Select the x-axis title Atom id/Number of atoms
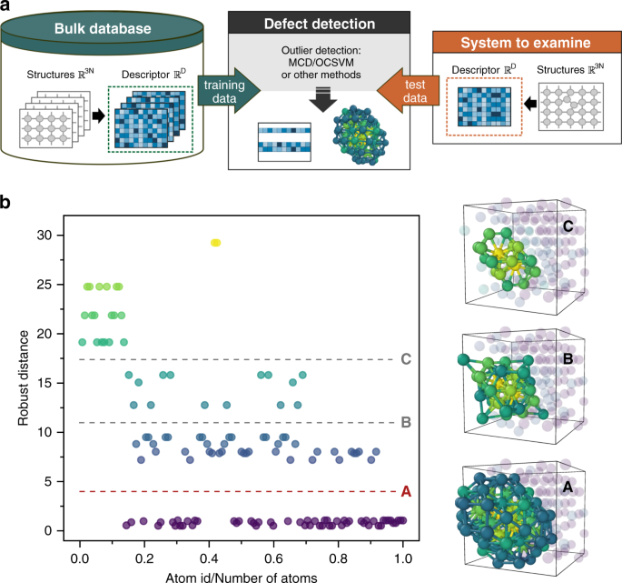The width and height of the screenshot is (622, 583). coord(241,574)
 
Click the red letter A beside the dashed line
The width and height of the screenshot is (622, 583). coord(406,492)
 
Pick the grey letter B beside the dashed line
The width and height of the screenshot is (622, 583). coord(406,423)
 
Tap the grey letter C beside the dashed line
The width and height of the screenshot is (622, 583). coord(406,359)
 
